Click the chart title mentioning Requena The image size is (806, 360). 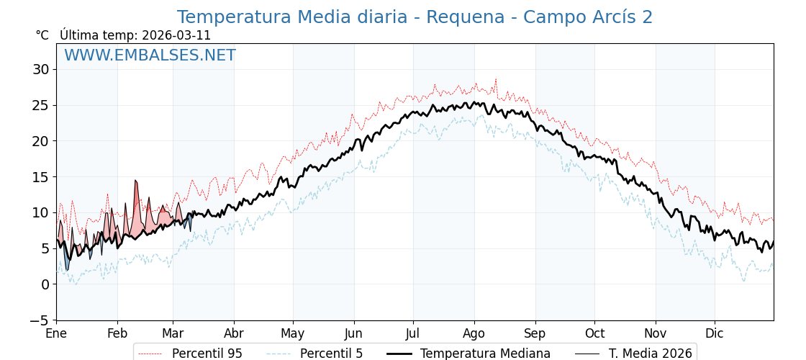click(x=415, y=17)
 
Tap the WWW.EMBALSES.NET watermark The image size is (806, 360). click(x=150, y=55)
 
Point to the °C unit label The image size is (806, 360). click(x=42, y=35)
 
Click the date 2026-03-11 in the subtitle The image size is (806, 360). click(x=176, y=35)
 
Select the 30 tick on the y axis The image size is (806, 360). click(x=40, y=69)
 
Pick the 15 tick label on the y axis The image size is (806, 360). click(x=40, y=176)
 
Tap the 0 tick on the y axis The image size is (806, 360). click(x=45, y=284)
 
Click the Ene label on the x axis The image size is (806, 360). click(x=56, y=334)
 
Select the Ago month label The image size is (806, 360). click(x=474, y=334)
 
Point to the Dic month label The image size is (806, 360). click(x=714, y=334)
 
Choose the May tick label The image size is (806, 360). click(x=292, y=334)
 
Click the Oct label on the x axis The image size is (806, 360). click(x=594, y=334)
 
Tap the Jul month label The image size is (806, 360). click(x=413, y=334)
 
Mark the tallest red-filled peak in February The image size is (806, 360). click(x=135, y=181)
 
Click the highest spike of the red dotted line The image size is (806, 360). click(x=495, y=79)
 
